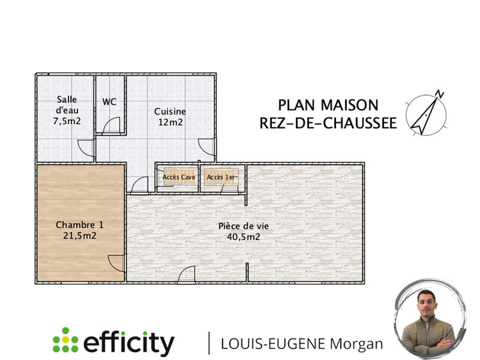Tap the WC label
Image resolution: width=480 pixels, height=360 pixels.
pyautogui.click(x=109, y=101)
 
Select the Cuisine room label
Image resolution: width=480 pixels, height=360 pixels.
pyautogui.click(x=170, y=111)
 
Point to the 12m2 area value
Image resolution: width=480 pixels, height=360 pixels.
pyautogui.click(x=170, y=122)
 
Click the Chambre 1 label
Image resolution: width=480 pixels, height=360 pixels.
pyautogui.click(x=80, y=225)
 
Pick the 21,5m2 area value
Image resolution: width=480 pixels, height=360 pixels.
pyautogui.click(x=80, y=236)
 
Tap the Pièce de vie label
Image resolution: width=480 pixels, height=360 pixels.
pyautogui.click(x=243, y=226)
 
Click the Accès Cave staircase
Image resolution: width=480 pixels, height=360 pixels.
pyautogui.click(x=179, y=177)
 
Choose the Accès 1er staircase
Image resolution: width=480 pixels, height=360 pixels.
pyautogui.click(x=222, y=177)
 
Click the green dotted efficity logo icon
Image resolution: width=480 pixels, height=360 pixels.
pyautogui.click(x=65, y=340)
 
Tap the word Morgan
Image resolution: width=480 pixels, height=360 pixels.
pyautogui.click(x=358, y=344)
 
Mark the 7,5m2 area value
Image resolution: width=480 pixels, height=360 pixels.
pyautogui.click(x=67, y=121)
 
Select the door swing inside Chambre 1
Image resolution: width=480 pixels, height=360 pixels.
pyautogui.click(x=117, y=263)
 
